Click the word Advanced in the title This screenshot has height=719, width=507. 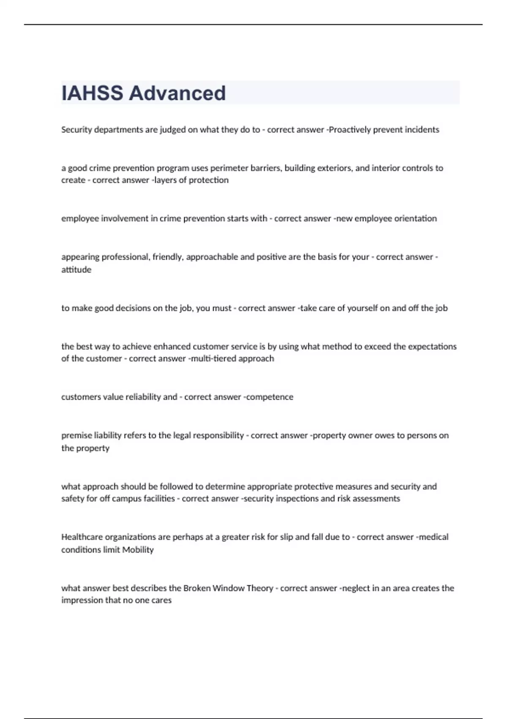click(177, 93)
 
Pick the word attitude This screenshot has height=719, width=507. click(76, 270)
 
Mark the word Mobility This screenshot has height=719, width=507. click(138, 550)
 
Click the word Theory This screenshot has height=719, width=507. click(259, 588)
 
